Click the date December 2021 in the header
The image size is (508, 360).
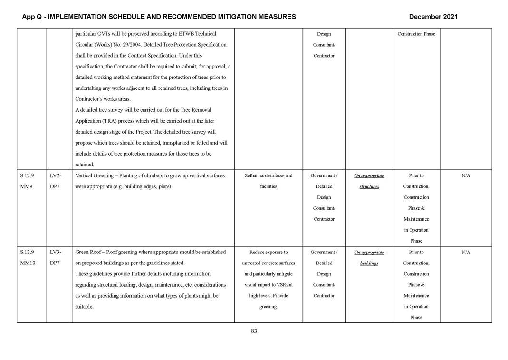tap(433, 17)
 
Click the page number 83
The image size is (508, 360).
tap(254, 331)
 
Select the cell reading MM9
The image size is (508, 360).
tap(26, 186)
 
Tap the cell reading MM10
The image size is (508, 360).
tap(28, 263)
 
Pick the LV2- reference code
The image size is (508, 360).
tap(56, 175)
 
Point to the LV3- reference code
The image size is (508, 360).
tap(56, 252)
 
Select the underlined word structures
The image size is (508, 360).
tap(369, 187)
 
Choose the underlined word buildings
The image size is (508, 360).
tap(369, 263)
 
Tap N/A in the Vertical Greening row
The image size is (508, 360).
tap(466, 175)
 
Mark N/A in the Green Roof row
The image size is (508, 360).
tap(466, 252)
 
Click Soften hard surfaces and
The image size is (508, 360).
tap(268, 175)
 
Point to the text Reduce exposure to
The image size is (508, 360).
tap(268, 252)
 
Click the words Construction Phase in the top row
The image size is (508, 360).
tap(416, 34)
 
